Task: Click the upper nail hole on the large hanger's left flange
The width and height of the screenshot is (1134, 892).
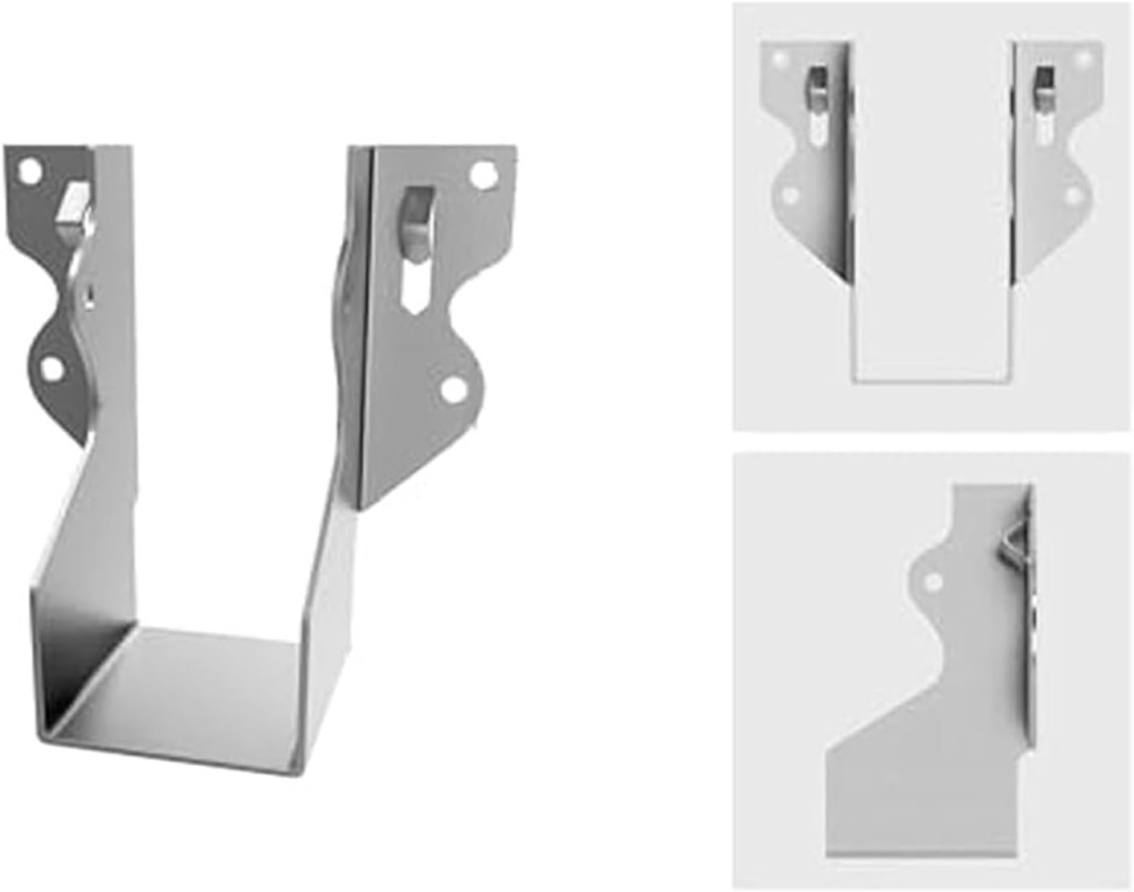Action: (30, 171)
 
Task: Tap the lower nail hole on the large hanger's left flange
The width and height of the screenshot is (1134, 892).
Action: (52, 369)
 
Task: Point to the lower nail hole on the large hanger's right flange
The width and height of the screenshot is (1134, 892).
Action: (453, 389)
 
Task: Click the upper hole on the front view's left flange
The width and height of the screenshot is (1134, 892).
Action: (778, 58)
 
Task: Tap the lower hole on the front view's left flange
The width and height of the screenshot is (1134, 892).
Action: (791, 194)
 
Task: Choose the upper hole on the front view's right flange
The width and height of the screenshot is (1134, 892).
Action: (1084, 58)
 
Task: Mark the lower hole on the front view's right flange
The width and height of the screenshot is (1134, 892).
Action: (1072, 194)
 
